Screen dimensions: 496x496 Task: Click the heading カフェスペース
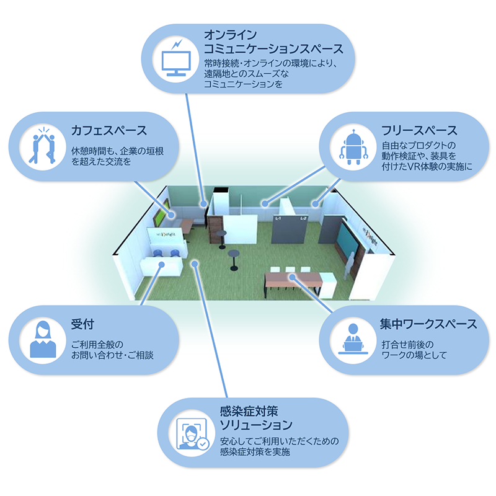(x=109, y=131)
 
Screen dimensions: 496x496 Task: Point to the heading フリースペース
(x=419, y=131)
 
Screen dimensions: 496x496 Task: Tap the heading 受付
(x=82, y=324)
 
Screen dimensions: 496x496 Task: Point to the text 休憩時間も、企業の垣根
(x=117, y=151)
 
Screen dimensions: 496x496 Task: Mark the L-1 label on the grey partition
(x=278, y=219)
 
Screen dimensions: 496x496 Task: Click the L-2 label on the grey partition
(x=303, y=219)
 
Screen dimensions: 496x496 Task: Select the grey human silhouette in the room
(x=352, y=264)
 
